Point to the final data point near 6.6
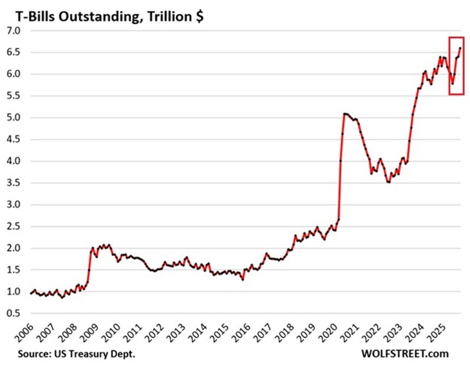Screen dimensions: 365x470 [460, 48]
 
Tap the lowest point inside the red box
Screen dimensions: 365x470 [452, 83]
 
